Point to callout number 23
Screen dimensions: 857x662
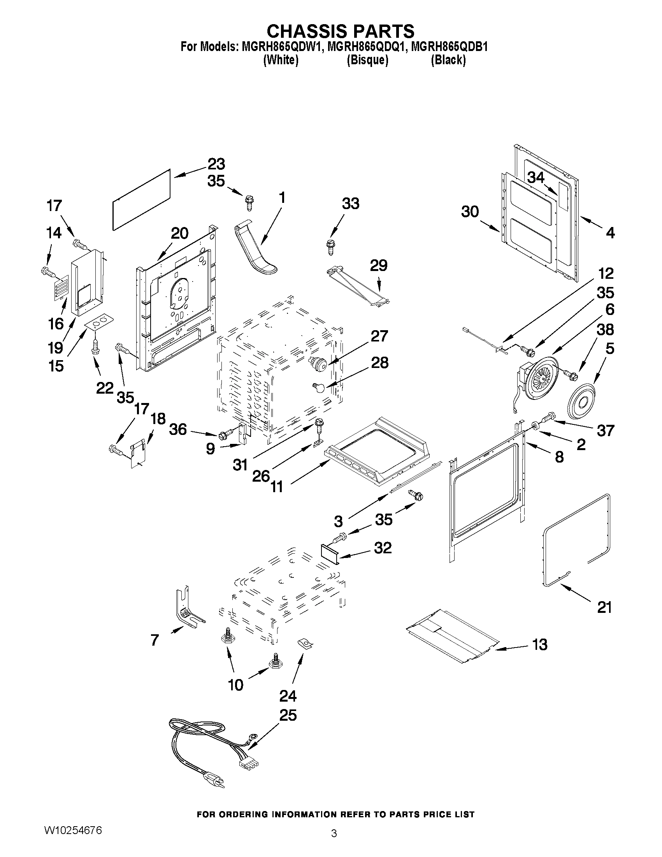pyautogui.click(x=216, y=164)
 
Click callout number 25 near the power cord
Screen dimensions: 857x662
pyautogui.click(x=288, y=715)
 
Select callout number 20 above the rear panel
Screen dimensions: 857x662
pyautogui.click(x=179, y=234)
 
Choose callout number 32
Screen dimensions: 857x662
pyautogui.click(x=383, y=548)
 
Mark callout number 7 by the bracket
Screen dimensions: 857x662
pyautogui.click(x=155, y=640)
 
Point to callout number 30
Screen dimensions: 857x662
pyautogui.click(x=470, y=212)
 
